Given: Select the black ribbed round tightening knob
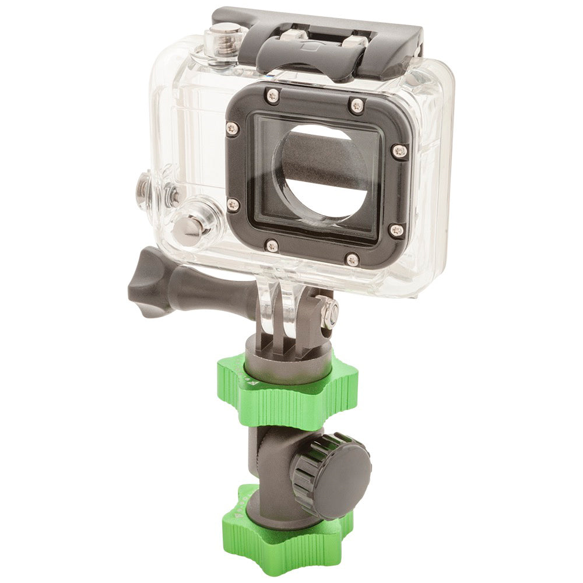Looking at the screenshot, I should (x=332, y=472).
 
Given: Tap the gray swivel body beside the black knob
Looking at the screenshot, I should (x=271, y=461).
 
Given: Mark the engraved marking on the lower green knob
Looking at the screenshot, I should (x=236, y=513).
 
